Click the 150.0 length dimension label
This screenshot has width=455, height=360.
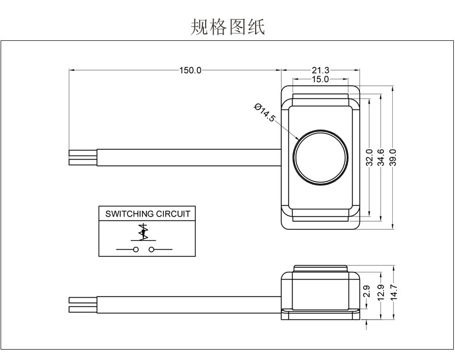coord(190,70)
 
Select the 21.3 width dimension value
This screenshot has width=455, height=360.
coord(321,70)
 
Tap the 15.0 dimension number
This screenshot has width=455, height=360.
coord(320,79)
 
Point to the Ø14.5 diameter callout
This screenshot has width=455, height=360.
coord(264,112)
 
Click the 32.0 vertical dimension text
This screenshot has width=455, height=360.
coord(369,157)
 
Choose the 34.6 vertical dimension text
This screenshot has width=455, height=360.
coord(381,157)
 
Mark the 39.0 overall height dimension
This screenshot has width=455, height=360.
coord(392,157)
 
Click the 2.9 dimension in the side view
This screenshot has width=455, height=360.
coord(366,291)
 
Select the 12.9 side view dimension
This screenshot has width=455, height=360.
coord(381,293)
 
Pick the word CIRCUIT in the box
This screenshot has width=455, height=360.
coord(173,214)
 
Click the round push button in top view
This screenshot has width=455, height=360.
coord(320,157)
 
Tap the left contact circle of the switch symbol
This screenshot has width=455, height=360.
coord(135,249)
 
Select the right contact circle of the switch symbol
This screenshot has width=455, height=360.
coord(151,249)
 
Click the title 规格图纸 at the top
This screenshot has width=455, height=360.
coord(227,27)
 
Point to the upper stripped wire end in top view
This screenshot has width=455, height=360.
coord(83,153)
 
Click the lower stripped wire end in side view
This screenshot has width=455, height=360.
coord(83,309)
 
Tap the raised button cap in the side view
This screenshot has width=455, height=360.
coord(320,268)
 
